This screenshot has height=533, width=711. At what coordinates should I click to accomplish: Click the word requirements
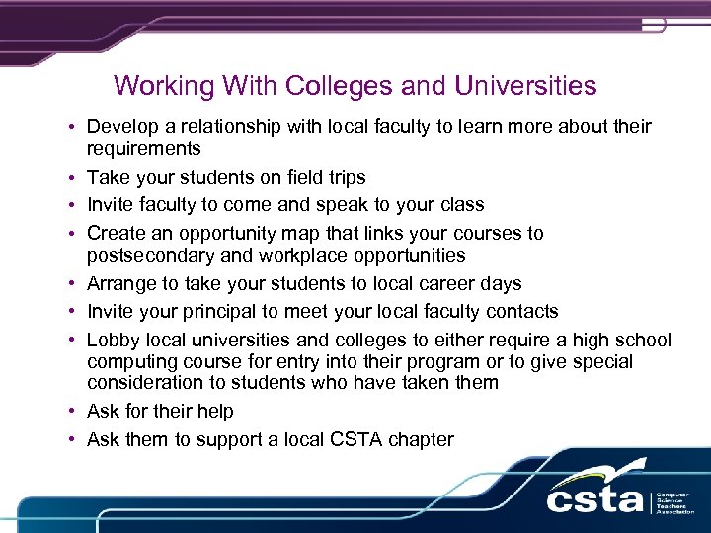(143, 149)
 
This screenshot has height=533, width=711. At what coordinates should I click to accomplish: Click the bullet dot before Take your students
(74, 178)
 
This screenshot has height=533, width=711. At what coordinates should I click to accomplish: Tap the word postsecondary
(148, 256)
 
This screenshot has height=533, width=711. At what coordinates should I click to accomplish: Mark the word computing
(128, 362)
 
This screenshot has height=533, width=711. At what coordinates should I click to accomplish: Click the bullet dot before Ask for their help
(74, 412)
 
